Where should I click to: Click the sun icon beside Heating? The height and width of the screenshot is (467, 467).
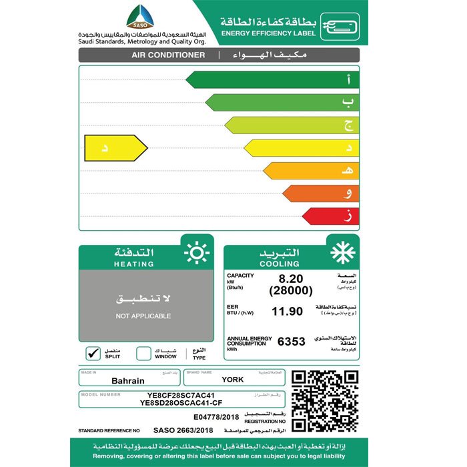pos(197,254)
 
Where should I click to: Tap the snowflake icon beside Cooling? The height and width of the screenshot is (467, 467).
pos(343,254)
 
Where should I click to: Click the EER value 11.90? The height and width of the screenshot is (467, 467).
pos(287,311)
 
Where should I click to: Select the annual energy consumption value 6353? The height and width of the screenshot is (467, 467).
pos(290,342)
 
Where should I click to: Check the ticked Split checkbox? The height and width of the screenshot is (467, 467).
pos(93,354)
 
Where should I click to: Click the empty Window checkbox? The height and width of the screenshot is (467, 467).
pos(143,354)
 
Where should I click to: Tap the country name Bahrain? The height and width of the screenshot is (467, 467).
pos(129,380)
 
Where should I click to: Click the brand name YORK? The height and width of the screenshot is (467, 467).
pos(233,380)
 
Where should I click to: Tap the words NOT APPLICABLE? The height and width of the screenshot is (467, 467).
pos(143,316)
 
